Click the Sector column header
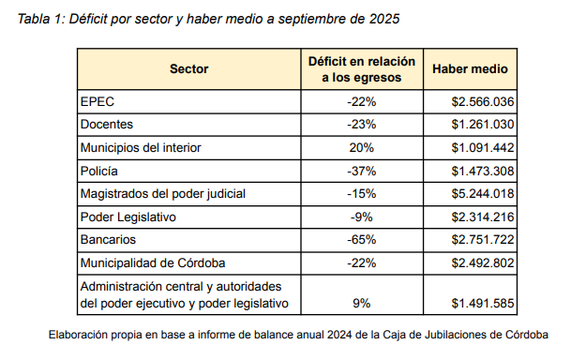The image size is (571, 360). click(189, 68)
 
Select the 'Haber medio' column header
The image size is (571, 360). click(470, 68)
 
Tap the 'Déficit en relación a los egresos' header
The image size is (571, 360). click(362, 69)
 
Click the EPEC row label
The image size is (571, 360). click(98, 101)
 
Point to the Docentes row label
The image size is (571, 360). click(107, 125)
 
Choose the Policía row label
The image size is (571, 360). click(99, 171)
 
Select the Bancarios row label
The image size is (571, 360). click(108, 239)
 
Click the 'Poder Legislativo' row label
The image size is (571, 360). click(128, 217)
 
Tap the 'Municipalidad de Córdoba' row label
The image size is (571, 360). click(153, 262)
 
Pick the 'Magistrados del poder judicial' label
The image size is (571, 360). click(163, 194)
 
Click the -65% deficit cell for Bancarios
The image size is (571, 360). click(362, 239)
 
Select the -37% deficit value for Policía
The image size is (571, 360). click(362, 171)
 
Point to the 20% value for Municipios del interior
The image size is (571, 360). click(362, 147)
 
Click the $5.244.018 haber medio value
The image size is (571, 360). click(483, 194)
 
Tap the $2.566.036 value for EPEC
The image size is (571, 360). click(483, 101)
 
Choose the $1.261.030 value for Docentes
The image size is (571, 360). click(483, 125)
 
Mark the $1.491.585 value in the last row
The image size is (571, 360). click(483, 303)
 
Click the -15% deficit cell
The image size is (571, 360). click(362, 194)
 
